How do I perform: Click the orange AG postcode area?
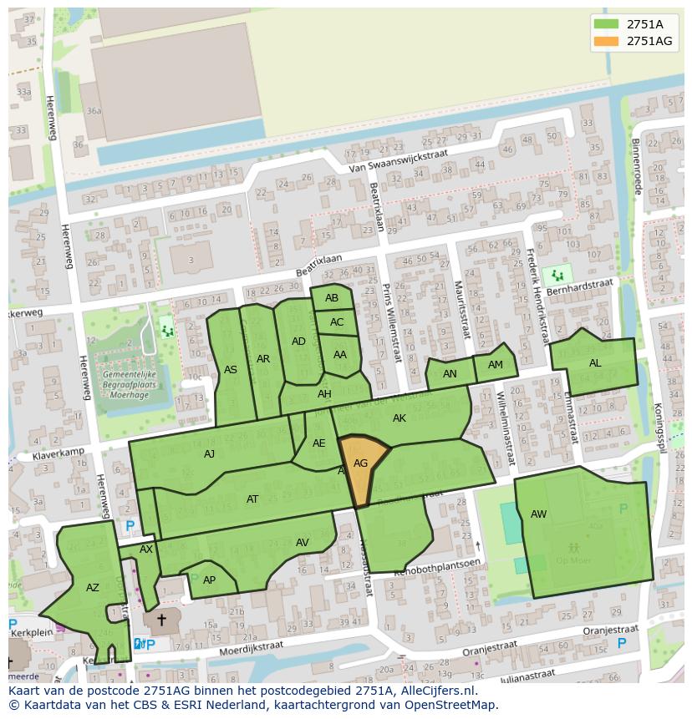(361, 464)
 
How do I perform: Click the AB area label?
(332, 298)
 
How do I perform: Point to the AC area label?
(337, 322)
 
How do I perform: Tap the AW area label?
(538, 514)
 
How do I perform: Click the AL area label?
(595, 363)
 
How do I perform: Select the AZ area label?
(93, 588)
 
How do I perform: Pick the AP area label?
(210, 580)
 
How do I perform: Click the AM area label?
(496, 365)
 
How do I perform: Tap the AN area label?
(450, 374)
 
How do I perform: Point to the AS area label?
(231, 370)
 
